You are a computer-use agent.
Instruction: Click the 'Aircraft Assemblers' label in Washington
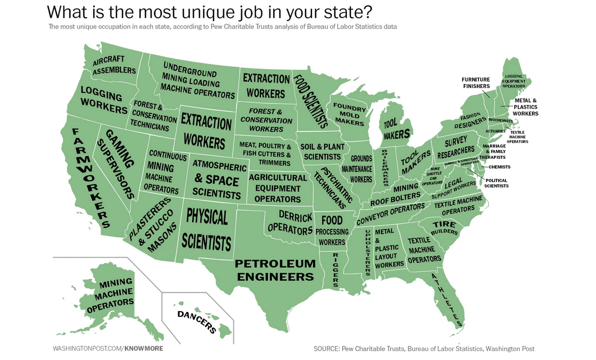[114, 65]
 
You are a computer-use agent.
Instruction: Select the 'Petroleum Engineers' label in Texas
[275, 270]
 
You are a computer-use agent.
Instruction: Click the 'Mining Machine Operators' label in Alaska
[110, 295]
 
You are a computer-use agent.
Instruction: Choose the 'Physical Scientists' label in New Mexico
[207, 229]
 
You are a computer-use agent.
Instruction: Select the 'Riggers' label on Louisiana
[336, 269]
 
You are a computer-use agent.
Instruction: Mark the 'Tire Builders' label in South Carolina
[444, 228]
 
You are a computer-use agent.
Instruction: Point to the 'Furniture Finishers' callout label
[476, 83]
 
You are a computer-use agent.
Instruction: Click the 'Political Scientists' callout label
[496, 183]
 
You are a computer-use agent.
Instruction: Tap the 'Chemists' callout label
[499, 167]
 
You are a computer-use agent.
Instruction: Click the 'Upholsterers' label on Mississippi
[367, 252]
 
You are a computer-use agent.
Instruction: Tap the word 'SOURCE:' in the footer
[326, 349]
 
